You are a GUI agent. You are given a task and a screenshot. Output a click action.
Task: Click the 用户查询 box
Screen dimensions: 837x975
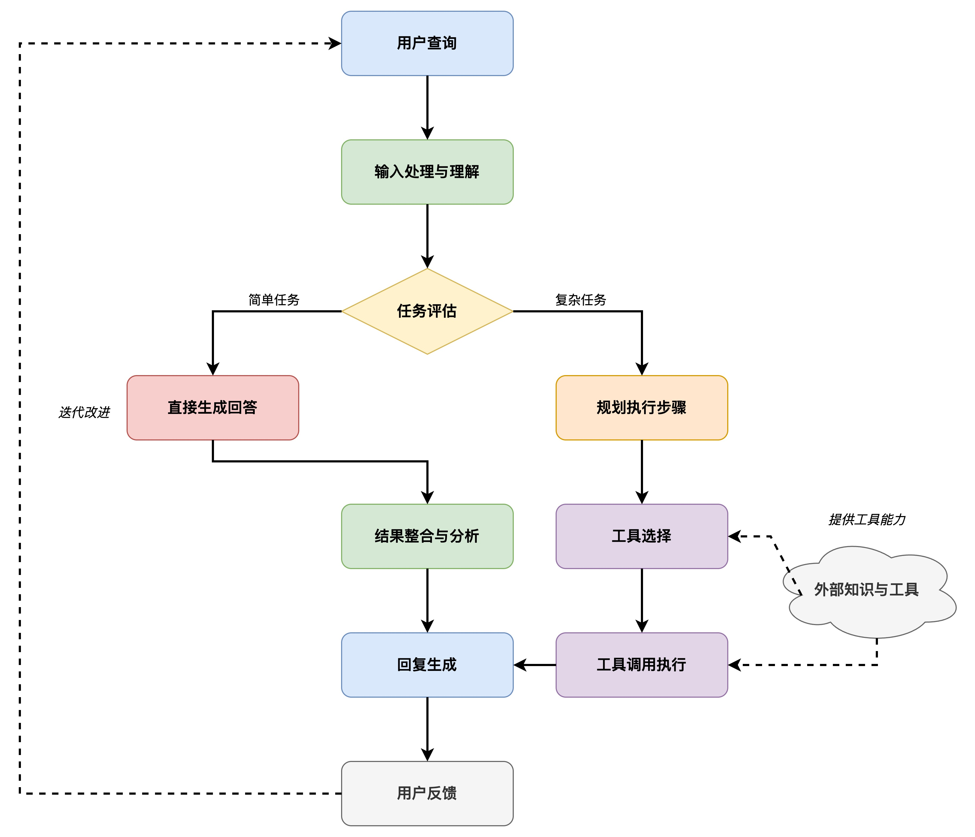427,43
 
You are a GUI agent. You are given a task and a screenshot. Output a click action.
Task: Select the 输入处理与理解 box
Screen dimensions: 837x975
427,172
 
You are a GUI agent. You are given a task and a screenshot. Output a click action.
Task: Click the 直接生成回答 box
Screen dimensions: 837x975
213,407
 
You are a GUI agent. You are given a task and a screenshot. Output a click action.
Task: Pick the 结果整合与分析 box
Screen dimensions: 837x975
427,536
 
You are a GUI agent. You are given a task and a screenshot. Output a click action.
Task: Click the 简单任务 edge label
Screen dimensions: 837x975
274,300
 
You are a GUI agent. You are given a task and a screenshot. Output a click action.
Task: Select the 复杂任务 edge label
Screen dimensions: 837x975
580,300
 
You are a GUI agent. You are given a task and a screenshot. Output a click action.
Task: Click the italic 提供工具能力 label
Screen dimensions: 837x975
866,520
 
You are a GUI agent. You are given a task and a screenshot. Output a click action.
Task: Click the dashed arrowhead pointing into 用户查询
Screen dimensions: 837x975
335,43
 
